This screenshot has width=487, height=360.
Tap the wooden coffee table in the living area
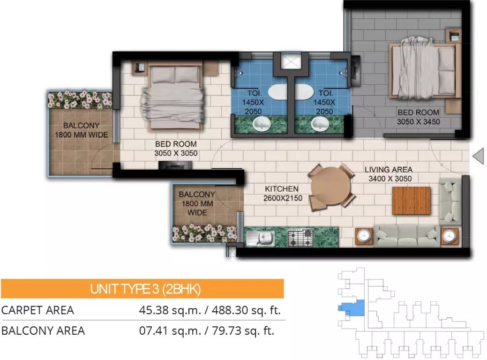pyautogui.click(x=411, y=201)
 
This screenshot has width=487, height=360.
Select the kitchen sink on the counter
pyautogui.click(x=260, y=237)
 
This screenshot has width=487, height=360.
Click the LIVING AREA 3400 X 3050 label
pyautogui.click(x=389, y=174)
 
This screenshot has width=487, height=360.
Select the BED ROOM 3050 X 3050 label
pyautogui.click(x=176, y=149)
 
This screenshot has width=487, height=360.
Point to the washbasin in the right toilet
pyautogui.click(x=320, y=124)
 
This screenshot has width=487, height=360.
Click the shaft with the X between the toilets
pyautogui.click(x=289, y=61)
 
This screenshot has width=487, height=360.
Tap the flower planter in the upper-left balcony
pyautogui.click(x=80, y=99)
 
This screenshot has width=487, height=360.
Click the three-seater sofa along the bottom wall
pyautogui.click(x=406, y=235)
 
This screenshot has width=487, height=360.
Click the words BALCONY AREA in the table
pyautogui.click(x=43, y=331)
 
